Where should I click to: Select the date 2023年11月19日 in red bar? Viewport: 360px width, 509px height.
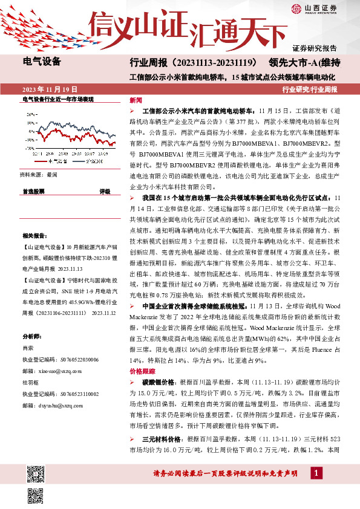click(46, 89)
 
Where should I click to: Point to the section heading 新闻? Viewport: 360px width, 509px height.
click(136, 100)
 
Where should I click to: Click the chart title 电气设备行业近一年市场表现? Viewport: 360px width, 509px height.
click(58, 99)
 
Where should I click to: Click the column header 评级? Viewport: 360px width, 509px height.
click(105, 190)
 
